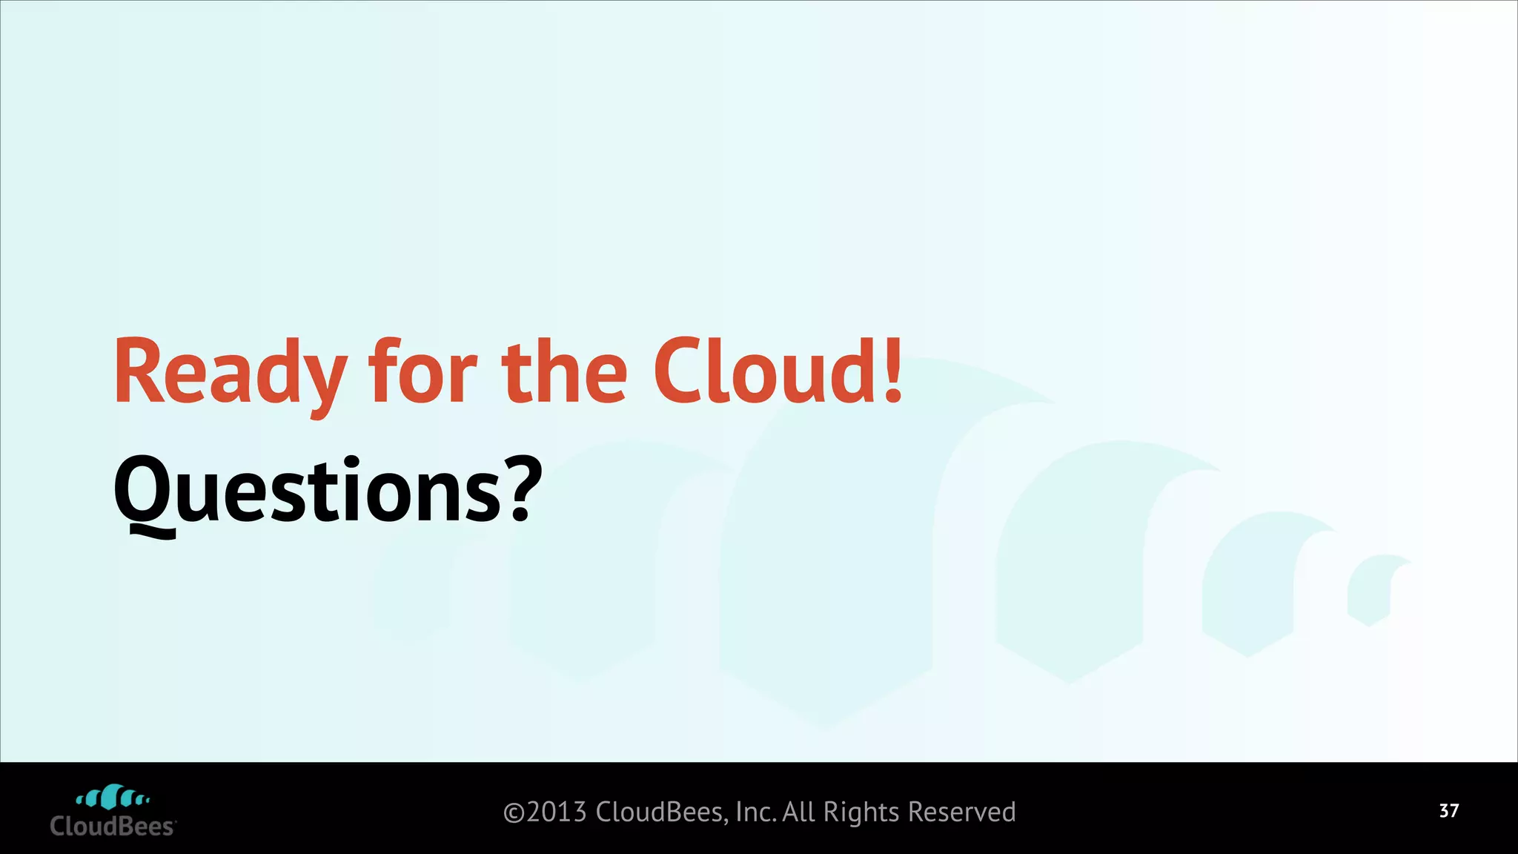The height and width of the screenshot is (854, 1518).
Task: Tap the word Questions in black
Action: [308, 491]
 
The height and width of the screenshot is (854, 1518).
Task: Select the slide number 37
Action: [1449, 811]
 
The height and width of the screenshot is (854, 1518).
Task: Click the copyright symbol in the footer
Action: [514, 813]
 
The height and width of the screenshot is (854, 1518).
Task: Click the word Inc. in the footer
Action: [755, 812]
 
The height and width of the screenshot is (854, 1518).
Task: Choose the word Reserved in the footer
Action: [961, 812]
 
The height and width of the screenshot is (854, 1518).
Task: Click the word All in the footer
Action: [798, 812]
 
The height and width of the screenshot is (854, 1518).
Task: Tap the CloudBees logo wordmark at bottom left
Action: [113, 827]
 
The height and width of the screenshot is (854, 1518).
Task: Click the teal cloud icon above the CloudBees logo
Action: [113, 797]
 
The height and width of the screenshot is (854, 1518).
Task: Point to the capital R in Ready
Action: [139, 373]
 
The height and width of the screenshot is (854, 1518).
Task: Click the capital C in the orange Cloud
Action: [677, 373]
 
